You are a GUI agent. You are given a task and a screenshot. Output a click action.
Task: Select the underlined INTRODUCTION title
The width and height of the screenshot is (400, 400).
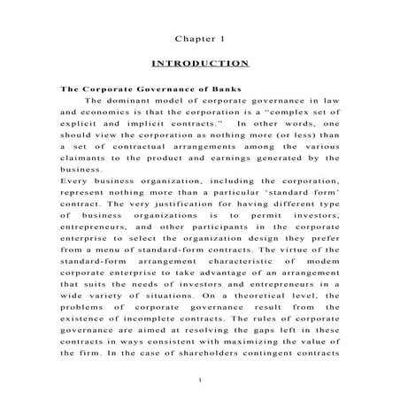[x=200, y=65]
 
